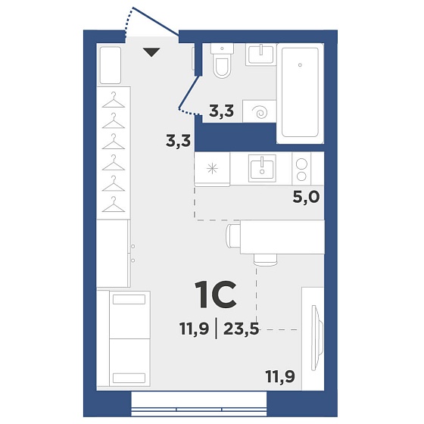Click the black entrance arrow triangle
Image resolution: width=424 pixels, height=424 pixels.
[x=151, y=52]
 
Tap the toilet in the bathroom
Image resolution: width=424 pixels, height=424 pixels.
[x=222, y=61]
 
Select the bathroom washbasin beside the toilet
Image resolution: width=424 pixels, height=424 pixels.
[x=261, y=55]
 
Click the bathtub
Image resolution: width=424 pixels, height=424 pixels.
[x=300, y=92]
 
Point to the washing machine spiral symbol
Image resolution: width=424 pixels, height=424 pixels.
[x=260, y=112]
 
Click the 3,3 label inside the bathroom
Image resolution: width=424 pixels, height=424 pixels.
[x=221, y=111]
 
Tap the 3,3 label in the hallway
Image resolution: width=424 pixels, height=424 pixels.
[x=178, y=141]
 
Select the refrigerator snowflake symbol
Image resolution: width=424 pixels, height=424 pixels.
[x=212, y=169]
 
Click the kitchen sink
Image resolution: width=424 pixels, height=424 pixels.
[x=262, y=168]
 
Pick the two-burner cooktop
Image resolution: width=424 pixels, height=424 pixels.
[x=301, y=169]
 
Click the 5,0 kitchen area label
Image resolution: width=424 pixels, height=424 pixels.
[x=306, y=198]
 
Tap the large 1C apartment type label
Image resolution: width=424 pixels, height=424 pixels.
[x=217, y=295]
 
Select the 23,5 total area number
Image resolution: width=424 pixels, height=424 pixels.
[x=242, y=329]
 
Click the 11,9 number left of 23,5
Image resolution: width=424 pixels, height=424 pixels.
[x=194, y=329]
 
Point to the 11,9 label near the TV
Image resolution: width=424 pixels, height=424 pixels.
[x=280, y=377]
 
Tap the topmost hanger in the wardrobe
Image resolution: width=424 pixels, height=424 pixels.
[x=114, y=100]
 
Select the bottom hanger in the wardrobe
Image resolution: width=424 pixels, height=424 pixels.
[x=114, y=204]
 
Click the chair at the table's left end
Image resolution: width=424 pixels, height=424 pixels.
[x=233, y=236]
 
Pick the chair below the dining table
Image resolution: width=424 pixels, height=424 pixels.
[x=266, y=260]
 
